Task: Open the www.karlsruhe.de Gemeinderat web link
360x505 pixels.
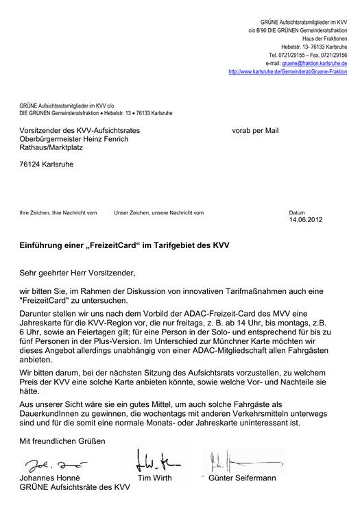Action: [287, 71]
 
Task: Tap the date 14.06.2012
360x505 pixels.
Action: [304, 220]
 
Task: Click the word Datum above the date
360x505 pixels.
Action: [297, 212]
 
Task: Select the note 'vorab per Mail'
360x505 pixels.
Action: [255, 130]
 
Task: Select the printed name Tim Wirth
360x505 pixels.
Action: [154, 478]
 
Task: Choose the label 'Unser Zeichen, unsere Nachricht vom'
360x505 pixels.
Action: [159, 212]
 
